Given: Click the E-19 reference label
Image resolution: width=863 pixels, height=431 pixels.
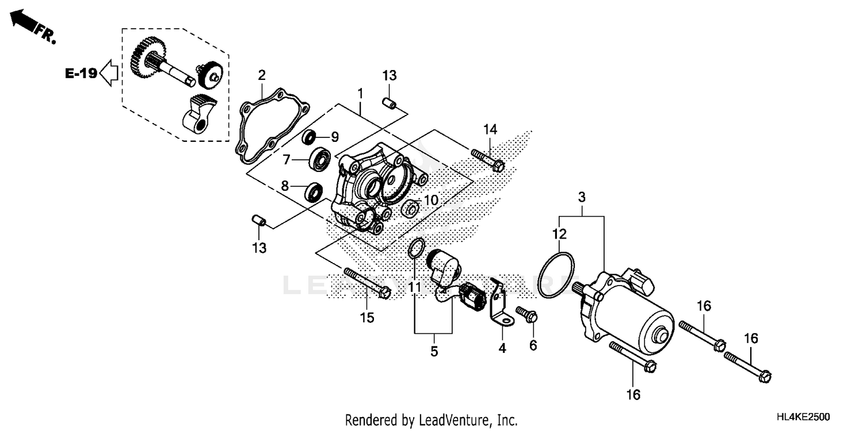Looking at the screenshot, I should (80, 74).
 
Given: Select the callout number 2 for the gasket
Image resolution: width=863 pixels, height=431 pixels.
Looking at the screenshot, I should (262, 75).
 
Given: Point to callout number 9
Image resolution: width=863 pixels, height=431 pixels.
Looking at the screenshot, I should (334, 137).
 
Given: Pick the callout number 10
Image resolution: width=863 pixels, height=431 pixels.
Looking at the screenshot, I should (430, 200).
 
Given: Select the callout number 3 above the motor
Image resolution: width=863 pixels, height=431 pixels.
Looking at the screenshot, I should (582, 198).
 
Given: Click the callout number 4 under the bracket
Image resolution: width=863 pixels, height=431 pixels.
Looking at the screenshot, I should (502, 348).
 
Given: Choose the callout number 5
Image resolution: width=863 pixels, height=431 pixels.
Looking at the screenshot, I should (434, 351).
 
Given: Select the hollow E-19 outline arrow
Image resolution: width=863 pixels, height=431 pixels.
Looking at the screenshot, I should (109, 74).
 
